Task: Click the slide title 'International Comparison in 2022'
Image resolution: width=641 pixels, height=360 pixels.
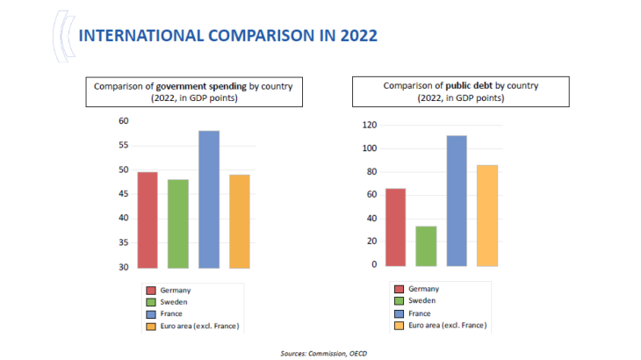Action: point(227,35)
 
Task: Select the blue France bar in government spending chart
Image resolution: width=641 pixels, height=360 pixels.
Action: point(209,199)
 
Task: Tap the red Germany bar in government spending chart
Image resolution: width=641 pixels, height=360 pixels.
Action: point(148,220)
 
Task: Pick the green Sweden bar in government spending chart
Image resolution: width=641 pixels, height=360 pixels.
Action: point(178,223)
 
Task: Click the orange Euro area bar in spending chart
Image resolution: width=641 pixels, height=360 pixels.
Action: point(239,220)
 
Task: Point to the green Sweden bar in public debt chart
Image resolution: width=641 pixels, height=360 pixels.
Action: point(426,246)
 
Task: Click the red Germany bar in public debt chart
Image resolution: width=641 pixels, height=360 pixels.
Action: point(395,227)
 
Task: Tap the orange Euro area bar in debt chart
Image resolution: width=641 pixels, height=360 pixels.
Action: point(487,215)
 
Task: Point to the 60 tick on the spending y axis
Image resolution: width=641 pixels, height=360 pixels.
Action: point(123,121)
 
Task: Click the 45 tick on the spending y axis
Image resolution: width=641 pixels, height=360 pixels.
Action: point(123,194)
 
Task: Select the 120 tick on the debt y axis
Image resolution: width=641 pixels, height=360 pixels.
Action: point(369,126)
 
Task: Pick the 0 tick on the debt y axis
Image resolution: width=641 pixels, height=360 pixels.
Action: point(373,264)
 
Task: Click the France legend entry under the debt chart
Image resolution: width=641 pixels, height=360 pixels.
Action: point(421,313)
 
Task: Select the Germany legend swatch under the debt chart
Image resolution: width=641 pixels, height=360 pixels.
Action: point(400,289)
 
